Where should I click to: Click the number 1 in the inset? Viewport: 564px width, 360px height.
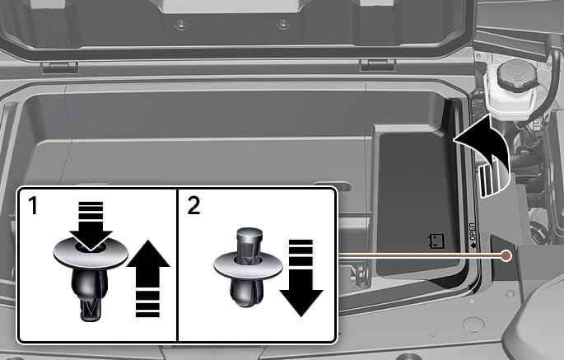click(x=33, y=206)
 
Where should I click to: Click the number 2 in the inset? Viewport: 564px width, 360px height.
click(x=193, y=206)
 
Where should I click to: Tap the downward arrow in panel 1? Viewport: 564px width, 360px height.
click(x=91, y=226)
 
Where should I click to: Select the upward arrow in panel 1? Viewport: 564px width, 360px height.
click(x=148, y=279)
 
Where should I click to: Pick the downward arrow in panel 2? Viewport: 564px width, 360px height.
click(x=301, y=278)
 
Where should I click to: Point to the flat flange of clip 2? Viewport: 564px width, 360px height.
click(x=248, y=266)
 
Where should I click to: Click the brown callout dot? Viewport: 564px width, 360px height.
click(x=506, y=255)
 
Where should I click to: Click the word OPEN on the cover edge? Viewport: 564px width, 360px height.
click(x=473, y=232)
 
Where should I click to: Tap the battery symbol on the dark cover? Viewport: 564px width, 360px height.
click(x=436, y=241)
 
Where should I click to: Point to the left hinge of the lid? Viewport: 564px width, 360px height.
click(x=60, y=68)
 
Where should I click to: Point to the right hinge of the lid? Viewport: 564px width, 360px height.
click(x=378, y=66)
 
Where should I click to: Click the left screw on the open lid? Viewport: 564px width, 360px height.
click(x=180, y=25)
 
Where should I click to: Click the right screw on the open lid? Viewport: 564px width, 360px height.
click(x=282, y=25)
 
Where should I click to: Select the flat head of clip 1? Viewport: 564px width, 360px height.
click(x=91, y=252)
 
